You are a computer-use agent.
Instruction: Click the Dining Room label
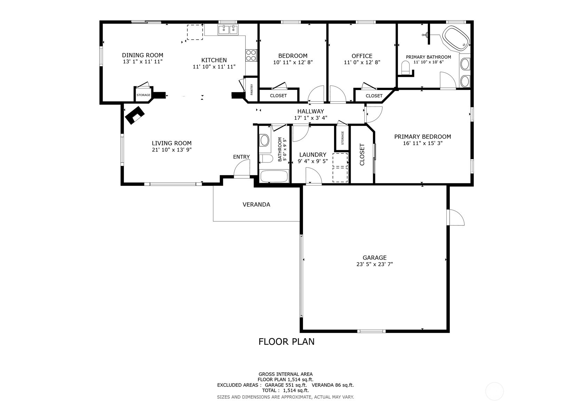142,55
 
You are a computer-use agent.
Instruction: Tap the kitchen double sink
228,30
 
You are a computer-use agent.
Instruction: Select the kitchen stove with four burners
251,55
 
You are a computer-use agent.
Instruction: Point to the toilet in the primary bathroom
406,67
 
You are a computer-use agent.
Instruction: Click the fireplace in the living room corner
135,115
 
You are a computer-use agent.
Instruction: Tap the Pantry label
252,90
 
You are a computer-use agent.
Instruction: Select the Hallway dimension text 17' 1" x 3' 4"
310,118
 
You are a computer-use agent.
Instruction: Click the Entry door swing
241,170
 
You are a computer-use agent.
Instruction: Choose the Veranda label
256,205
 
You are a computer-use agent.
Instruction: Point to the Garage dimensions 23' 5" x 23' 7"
374,264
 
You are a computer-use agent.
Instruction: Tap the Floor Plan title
286,342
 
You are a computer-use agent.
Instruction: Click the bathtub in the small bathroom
274,176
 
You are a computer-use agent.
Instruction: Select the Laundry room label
313,154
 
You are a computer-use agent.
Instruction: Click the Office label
362,56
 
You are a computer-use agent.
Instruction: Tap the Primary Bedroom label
422,137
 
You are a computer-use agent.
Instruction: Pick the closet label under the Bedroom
278,95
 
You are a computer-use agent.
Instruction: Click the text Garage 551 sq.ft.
286,385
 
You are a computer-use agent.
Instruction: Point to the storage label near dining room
143,95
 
